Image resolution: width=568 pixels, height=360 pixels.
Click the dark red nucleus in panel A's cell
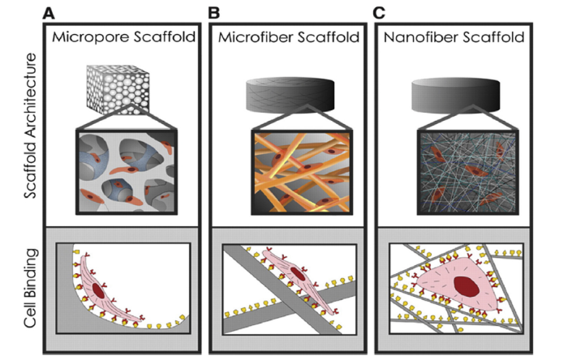click(100, 289)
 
